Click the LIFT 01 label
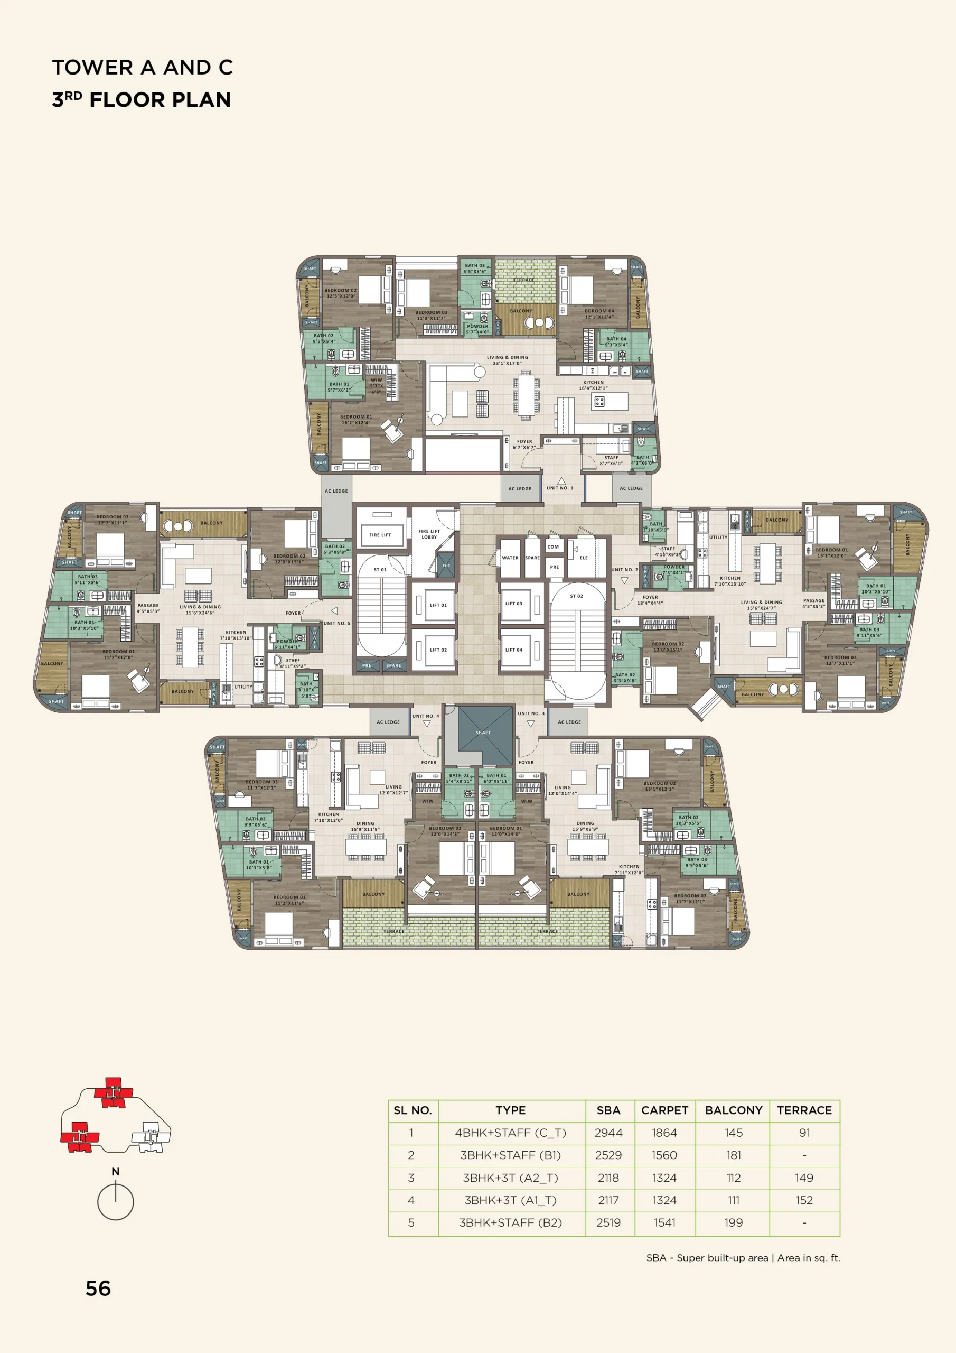[438, 605]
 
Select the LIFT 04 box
[513, 650]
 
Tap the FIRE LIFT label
[380, 535]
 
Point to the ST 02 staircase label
[576, 596]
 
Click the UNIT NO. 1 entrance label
[559, 488]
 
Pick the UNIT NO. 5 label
[336, 623]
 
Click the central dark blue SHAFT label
[483, 733]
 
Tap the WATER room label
[510, 558]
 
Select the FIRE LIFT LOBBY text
[429, 534]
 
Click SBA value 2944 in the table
[608, 1133]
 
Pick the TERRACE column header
[804, 1110]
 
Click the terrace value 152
[804, 1200]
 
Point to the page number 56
[98, 1289]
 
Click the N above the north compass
[116, 1172]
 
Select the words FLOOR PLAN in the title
[160, 99]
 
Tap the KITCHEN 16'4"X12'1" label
[593, 385]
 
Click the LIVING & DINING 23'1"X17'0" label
[507, 360]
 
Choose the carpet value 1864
[664, 1133]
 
